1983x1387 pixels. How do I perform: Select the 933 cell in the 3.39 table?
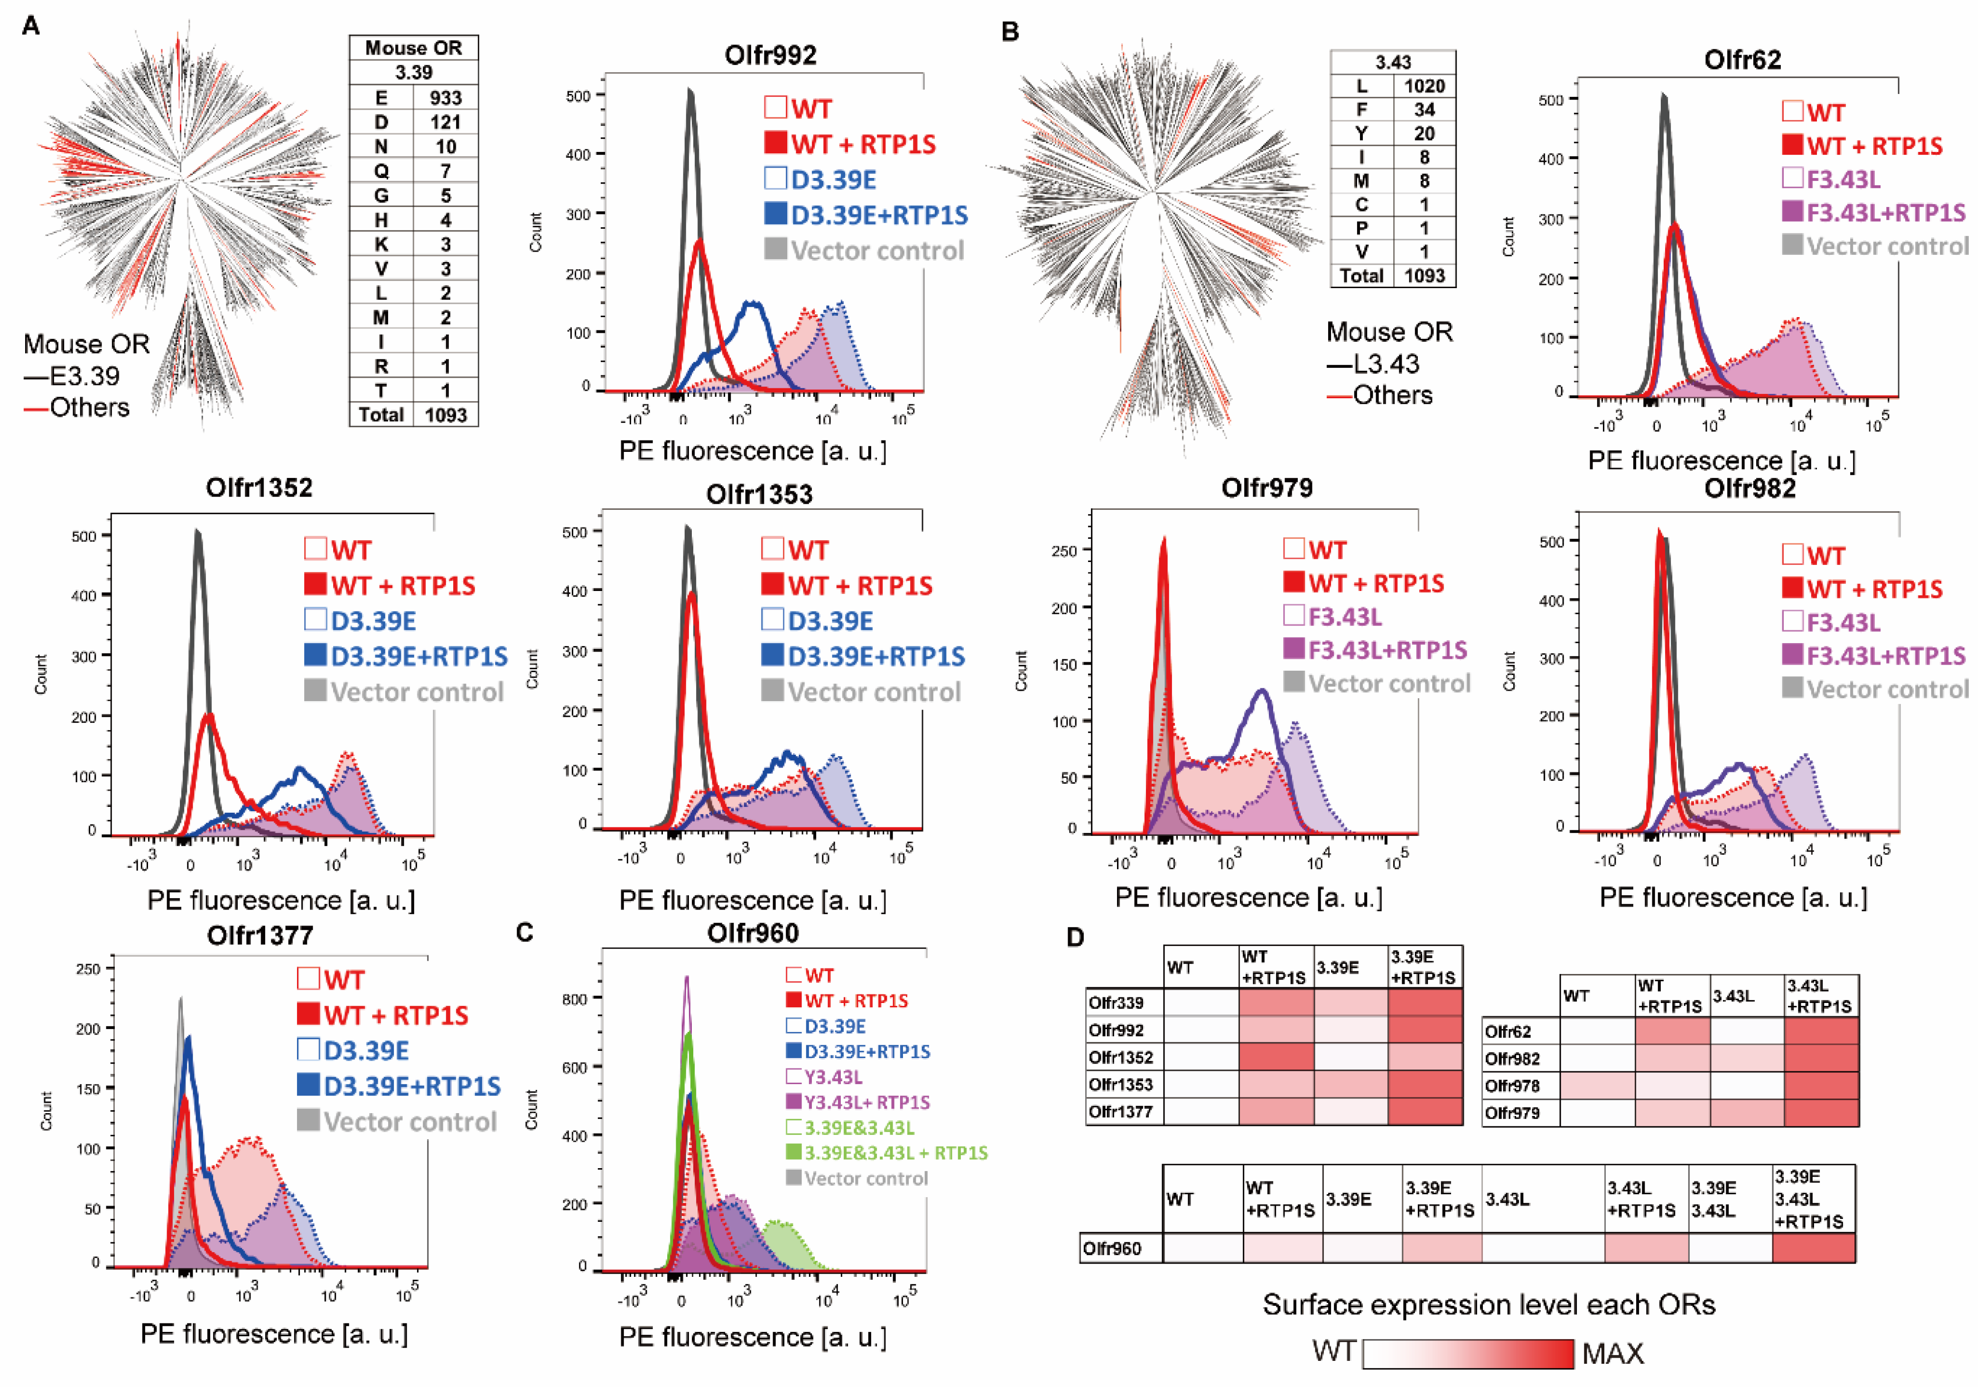coord(446,98)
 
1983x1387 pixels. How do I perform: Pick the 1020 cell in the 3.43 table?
coord(1424,85)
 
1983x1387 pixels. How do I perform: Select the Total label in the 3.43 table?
coord(1361,276)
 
